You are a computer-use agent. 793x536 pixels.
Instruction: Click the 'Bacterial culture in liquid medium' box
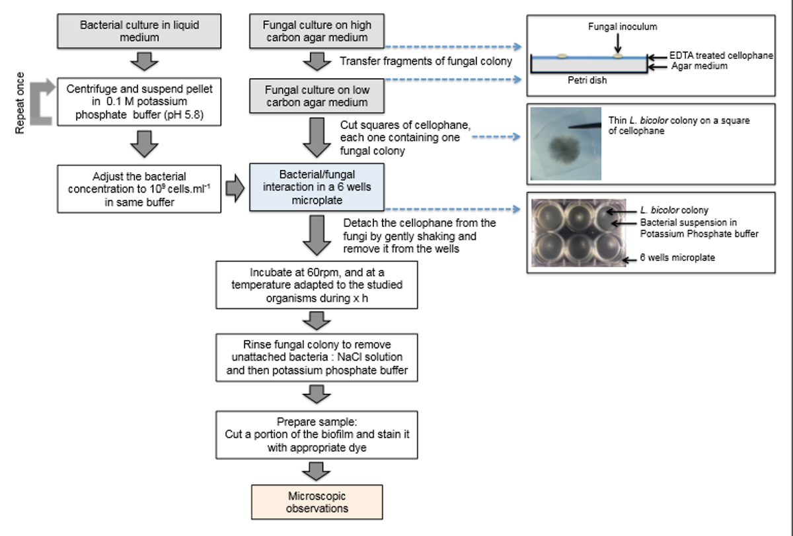click(139, 32)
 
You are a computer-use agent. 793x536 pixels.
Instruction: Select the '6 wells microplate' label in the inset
click(677, 258)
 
